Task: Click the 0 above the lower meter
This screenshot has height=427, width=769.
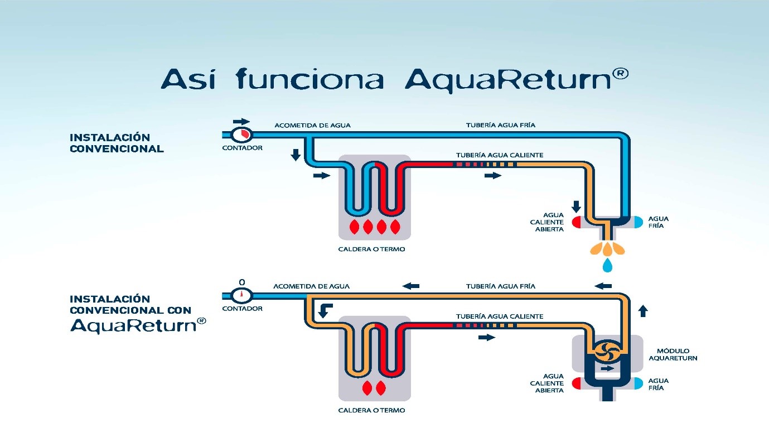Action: tap(241, 282)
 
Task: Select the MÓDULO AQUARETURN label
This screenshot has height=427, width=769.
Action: tap(673, 354)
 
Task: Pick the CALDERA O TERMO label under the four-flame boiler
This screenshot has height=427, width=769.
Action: tap(371, 249)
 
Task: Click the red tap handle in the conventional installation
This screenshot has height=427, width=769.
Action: tap(576, 222)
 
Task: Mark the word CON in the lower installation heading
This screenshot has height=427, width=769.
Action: tap(178, 310)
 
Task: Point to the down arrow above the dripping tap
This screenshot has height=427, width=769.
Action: tap(576, 206)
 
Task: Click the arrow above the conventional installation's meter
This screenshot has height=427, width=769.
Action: tap(241, 121)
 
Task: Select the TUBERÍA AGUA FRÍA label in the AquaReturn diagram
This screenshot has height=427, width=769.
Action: tap(500, 286)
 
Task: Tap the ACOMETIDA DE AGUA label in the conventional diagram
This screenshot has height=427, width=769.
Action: tap(312, 125)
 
